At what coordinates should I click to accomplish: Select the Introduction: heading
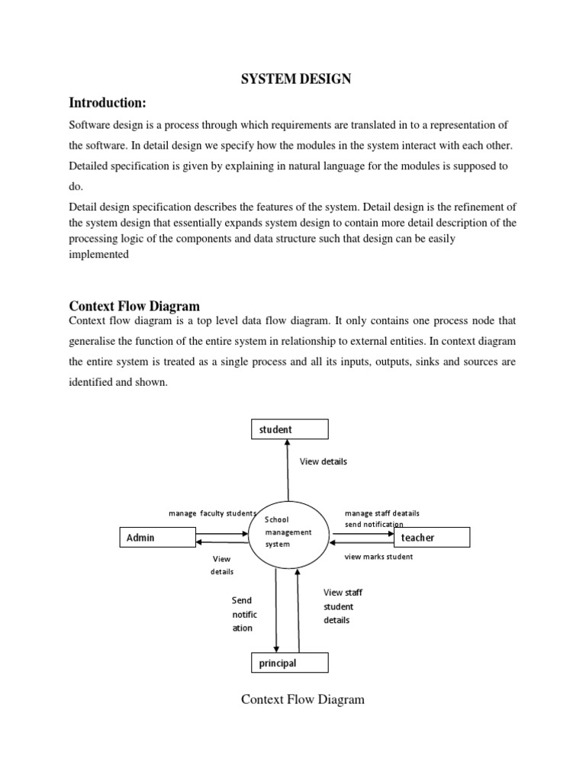[x=107, y=102]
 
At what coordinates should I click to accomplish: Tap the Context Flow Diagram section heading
[x=134, y=306]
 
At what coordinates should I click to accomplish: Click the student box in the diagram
[x=289, y=429]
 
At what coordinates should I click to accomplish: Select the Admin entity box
[x=156, y=538]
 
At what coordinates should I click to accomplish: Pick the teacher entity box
[x=431, y=538]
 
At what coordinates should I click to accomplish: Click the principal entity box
[x=289, y=663]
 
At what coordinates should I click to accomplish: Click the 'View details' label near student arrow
[x=323, y=461]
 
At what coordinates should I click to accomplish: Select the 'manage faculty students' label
[x=211, y=513]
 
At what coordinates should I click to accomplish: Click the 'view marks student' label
[x=378, y=557]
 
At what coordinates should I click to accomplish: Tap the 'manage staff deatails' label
[x=382, y=513]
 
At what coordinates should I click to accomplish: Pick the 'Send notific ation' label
[x=244, y=614]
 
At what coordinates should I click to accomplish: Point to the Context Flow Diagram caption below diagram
[x=303, y=699]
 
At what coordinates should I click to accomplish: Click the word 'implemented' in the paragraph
[x=98, y=256]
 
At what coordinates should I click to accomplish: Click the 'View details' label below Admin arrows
[x=222, y=565]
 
